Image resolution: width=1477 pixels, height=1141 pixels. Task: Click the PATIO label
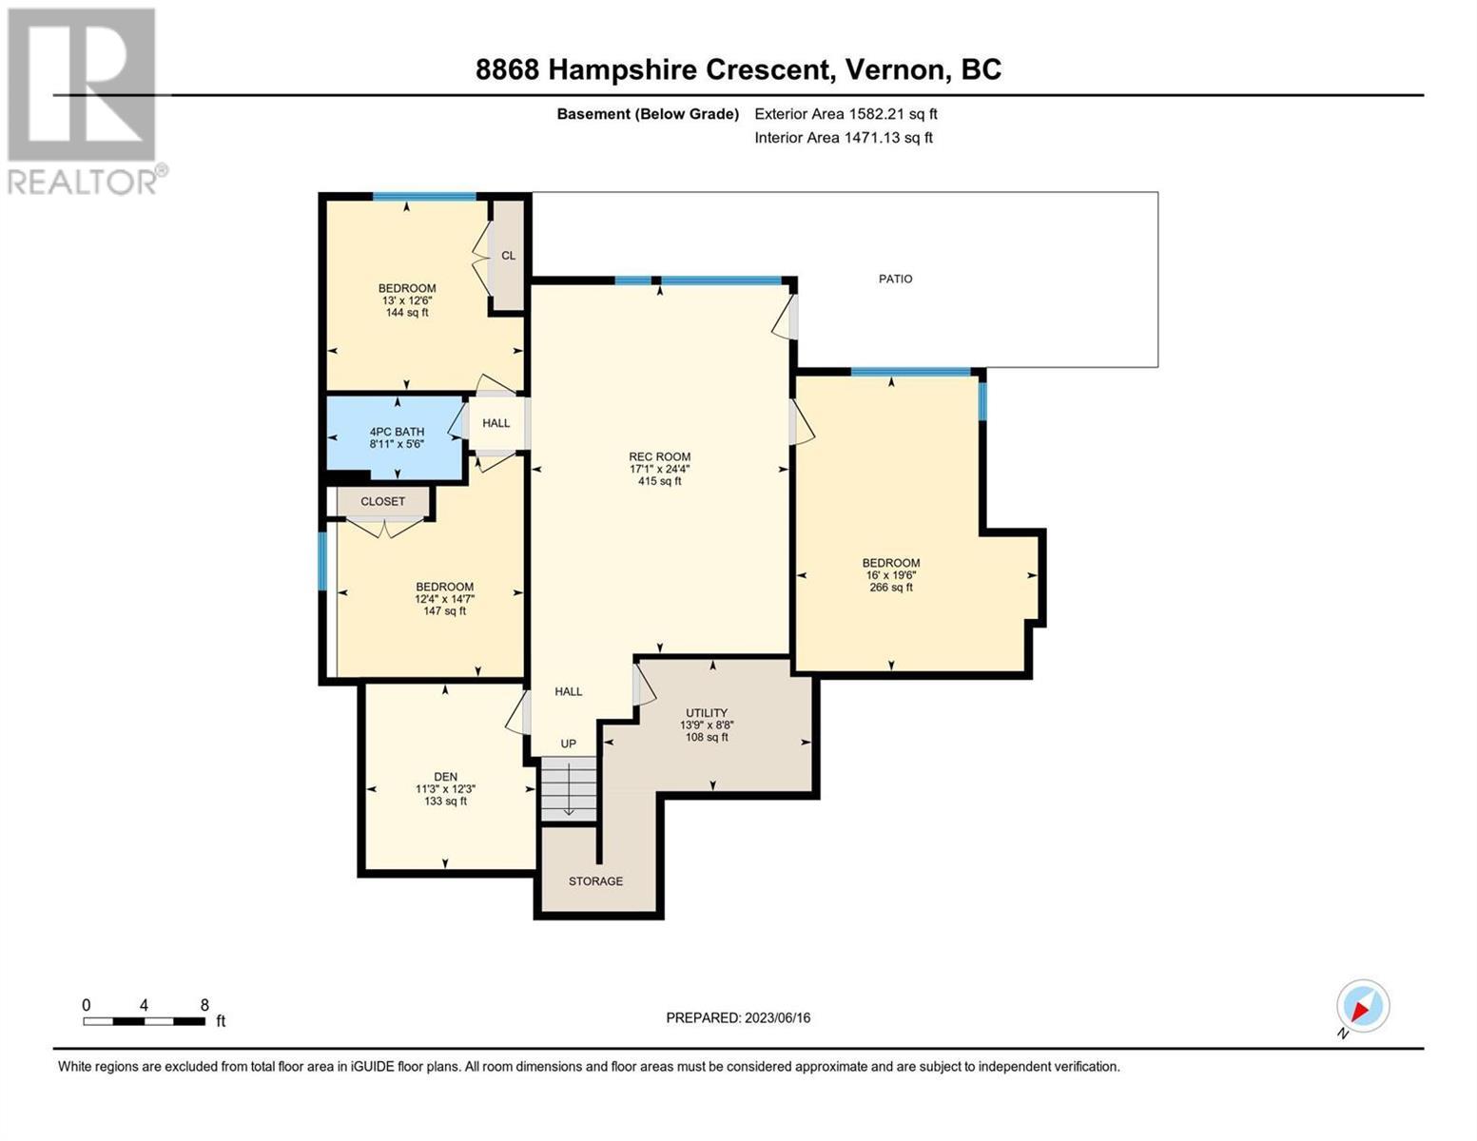pyautogui.click(x=895, y=279)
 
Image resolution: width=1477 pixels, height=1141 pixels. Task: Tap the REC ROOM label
pyautogui.click(x=659, y=456)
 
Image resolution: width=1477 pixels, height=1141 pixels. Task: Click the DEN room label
pyautogui.click(x=445, y=776)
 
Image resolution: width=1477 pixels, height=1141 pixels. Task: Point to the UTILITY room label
pyautogui.click(x=707, y=713)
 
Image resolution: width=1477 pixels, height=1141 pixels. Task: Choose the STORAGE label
pyautogui.click(x=595, y=880)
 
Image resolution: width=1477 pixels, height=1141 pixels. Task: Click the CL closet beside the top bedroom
pyautogui.click(x=509, y=256)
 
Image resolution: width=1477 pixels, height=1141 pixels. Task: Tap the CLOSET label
pyautogui.click(x=382, y=501)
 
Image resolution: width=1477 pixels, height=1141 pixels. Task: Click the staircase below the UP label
pyautogui.click(x=568, y=789)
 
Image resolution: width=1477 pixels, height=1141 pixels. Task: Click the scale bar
pyautogui.click(x=145, y=1020)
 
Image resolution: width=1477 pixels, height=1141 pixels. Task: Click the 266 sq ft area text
pyautogui.click(x=890, y=588)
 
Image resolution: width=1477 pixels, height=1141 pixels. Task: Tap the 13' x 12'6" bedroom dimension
pyautogui.click(x=406, y=300)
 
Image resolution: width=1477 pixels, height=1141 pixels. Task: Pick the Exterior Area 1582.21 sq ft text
pyautogui.click(x=845, y=114)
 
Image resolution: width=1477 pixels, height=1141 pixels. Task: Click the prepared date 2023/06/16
pyautogui.click(x=778, y=1018)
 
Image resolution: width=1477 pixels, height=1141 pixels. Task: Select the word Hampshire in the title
pyautogui.click(x=622, y=70)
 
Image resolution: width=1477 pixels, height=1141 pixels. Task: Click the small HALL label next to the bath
pyautogui.click(x=496, y=423)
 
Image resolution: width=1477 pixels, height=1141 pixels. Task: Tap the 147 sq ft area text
pyautogui.click(x=444, y=611)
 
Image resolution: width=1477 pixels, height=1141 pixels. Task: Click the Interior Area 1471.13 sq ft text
pyautogui.click(x=844, y=138)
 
